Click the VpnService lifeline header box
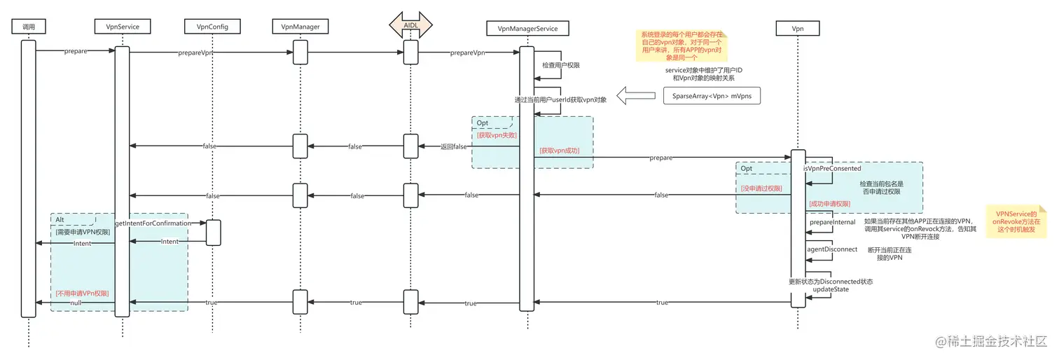click(121, 27)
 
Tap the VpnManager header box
click(300, 27)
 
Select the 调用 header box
click(29, 27)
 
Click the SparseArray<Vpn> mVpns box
click(712, 95)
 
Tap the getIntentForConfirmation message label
click(152, 223)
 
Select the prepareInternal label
click(832, 222)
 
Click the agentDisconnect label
click(832, 249)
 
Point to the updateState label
click(831, 289)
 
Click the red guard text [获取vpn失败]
click(497, 135)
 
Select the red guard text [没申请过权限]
click(761, 188)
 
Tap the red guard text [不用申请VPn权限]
click(82, 293)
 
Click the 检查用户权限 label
click(561, 65)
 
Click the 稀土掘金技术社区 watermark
click(993, 341)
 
